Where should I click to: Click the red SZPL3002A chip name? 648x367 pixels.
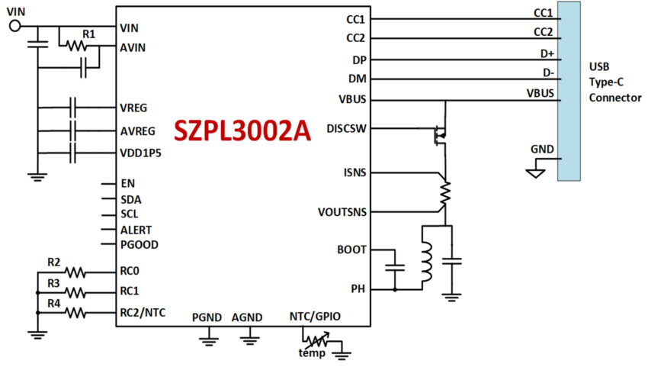point(242,131)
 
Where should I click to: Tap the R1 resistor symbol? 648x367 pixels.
point(77,46)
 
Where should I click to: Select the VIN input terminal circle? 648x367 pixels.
point(15,26)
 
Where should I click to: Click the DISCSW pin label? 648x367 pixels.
point(346,129)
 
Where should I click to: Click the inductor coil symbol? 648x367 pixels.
point(426,262)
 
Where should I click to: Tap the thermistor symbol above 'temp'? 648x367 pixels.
point(317,340)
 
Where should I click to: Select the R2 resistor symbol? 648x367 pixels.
point(75,272)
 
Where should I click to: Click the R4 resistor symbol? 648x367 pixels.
point(75,312)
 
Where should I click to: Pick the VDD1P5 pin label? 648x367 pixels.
point(140,153)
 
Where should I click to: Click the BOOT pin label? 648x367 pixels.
point(351,250)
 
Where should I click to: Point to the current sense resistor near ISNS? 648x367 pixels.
point(445,193)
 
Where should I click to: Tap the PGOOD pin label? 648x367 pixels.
point(140,244)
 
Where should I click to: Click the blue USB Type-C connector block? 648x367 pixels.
point(569,91)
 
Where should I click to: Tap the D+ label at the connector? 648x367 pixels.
point(547,53)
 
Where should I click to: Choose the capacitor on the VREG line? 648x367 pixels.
point(72,108)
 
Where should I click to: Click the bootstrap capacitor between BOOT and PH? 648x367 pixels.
point(395,267)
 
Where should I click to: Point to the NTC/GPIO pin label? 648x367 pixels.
point(315,317)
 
